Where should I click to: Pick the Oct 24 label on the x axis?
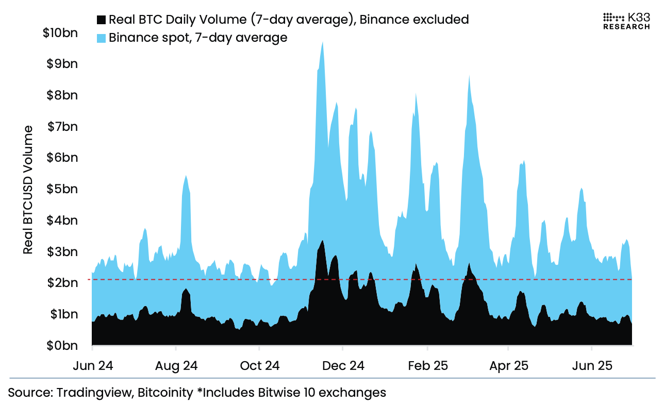point(260,366)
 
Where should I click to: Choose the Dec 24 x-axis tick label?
point(343,366)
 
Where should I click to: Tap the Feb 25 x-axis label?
point(427,366)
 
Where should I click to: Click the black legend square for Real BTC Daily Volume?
point(101,20)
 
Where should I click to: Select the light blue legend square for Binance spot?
point(101,38)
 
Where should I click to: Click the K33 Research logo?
point(626,21)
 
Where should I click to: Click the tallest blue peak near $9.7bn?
point(322,43)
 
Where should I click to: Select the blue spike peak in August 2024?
point(186,177)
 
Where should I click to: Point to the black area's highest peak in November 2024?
point(322,241)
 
